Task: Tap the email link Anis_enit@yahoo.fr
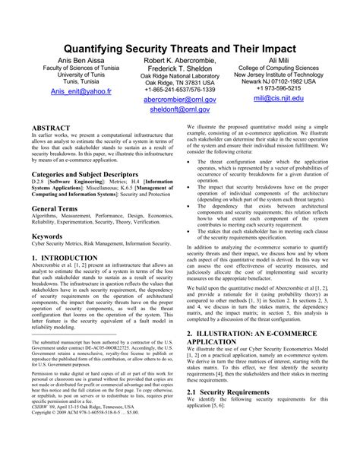80,91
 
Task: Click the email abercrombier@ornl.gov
179,100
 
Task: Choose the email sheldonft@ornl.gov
179,110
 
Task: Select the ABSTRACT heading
52,128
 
